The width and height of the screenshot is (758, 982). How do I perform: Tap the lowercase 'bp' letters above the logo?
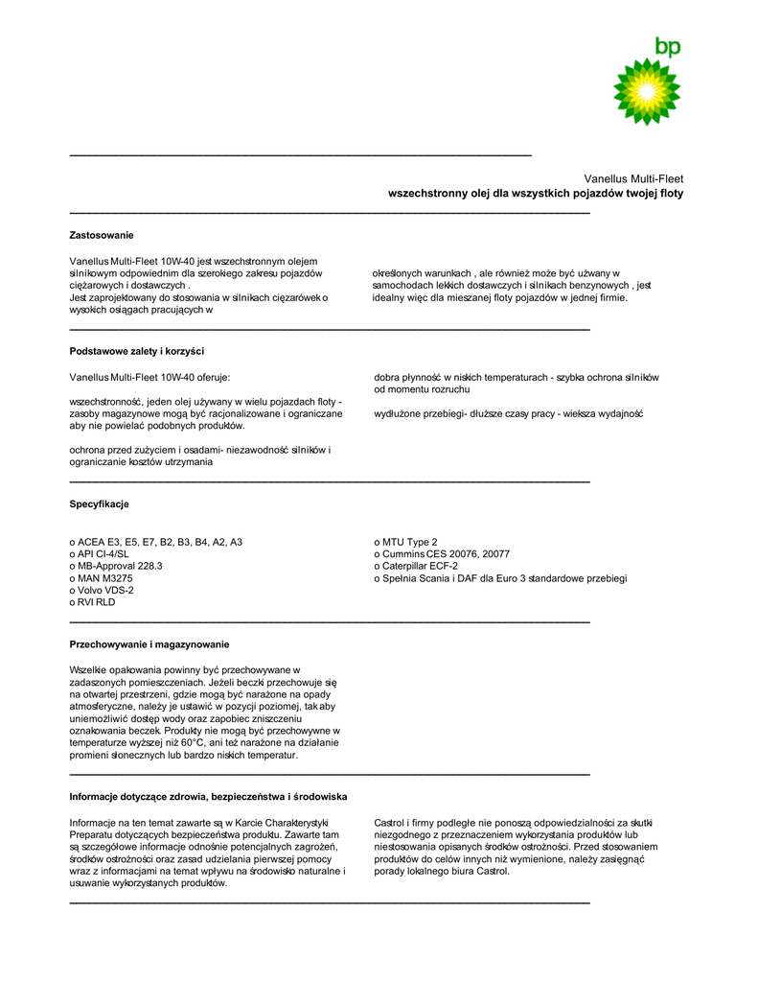click(x=667, y=46)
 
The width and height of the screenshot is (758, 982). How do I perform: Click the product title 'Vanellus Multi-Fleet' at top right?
click(x=633, y=178)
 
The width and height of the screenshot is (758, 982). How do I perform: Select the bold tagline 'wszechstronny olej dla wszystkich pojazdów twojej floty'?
click(x=535, y=194)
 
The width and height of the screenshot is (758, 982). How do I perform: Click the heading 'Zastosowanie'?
click(x=102, y=235)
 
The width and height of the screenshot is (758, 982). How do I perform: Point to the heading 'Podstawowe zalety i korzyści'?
click(x=137, y=351)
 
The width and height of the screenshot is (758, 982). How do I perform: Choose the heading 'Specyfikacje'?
click(x=99, y=504)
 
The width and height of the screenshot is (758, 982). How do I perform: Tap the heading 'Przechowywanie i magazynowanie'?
click(x=149, y=643)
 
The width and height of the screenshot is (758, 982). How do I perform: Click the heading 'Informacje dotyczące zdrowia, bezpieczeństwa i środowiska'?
click(x=208, y=797)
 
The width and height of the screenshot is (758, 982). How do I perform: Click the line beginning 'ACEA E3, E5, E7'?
click(x=156, y=542)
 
